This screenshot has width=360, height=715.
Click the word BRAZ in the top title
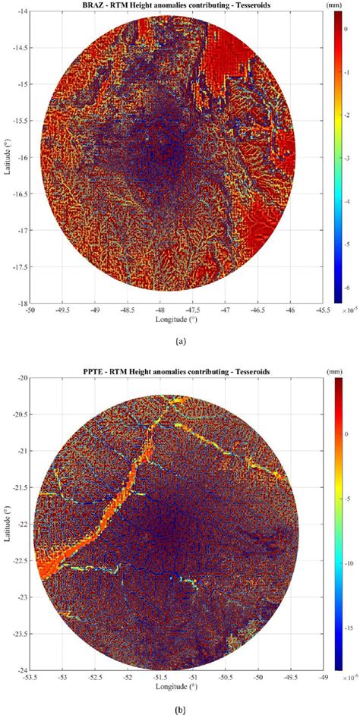[102, 5]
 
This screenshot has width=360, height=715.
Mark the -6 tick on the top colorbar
[349, 288]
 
